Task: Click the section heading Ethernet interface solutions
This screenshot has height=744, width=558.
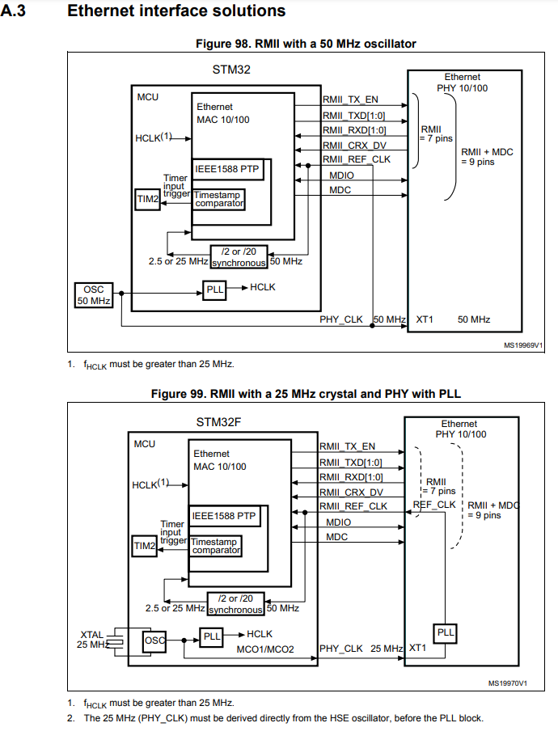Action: pyautogui.click(x=176, y=11)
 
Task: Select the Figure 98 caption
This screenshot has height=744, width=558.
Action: pyautogui.click(x=306, y=43)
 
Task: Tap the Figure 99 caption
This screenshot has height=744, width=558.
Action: pyautogui.click(x=306, y=393)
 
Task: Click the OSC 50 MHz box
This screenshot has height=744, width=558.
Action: pyautogui.click(x=93, y=294)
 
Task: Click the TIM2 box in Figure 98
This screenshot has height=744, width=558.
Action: pyautogui.click(x=147, y=199)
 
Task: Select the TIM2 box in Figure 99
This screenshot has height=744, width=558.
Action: pyautogui.click(x=144, y=547)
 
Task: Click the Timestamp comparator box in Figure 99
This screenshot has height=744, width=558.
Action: pyautogui.click(x=216, y=545)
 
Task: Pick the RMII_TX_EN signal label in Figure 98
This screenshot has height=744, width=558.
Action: pyautogui.click(x=350, y=99)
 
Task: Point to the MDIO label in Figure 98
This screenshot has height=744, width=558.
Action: pyautogui.click(x=341, y=175)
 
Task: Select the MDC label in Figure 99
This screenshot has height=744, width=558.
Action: pyautogui.click(x=337, y=537)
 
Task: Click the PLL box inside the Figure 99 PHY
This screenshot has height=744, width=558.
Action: pyautogui.click(x=445, y=632)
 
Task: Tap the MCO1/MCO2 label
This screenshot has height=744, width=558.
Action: pyautogui.click(x=264, y=649)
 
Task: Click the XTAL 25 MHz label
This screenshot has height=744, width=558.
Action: pyautogui.click(x=92, y=639)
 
